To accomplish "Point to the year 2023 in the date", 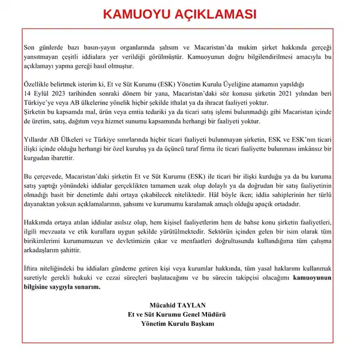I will point(54,94).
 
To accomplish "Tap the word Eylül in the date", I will point(35,94).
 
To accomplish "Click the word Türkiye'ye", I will point(41,103).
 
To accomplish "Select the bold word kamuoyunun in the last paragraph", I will point(314,278).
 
